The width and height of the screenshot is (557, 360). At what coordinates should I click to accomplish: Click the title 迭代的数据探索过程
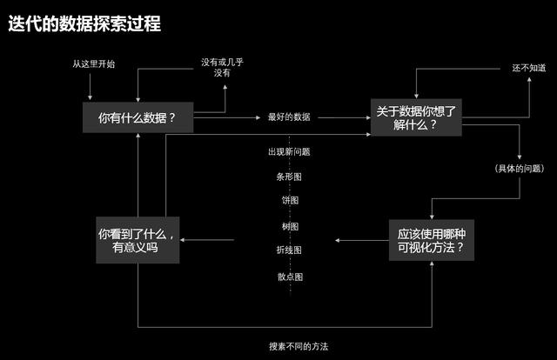(x=84, y=24)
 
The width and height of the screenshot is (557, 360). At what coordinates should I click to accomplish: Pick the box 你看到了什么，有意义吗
(x=138, y=240)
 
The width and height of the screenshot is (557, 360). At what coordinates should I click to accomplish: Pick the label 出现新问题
(x=289, y=151)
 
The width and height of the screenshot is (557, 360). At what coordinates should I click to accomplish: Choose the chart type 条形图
(x=289, y=176)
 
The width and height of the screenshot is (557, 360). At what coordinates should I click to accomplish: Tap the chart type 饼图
(x=289, y=200)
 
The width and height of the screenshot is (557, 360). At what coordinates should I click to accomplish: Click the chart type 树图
(x=289, y=226)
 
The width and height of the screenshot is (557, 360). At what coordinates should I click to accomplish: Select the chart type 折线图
(x=289, y=250)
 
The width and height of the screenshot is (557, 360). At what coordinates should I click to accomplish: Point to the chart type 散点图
(x=289, y=277)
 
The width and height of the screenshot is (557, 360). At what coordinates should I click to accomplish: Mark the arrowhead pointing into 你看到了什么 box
(x=189, y=240)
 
